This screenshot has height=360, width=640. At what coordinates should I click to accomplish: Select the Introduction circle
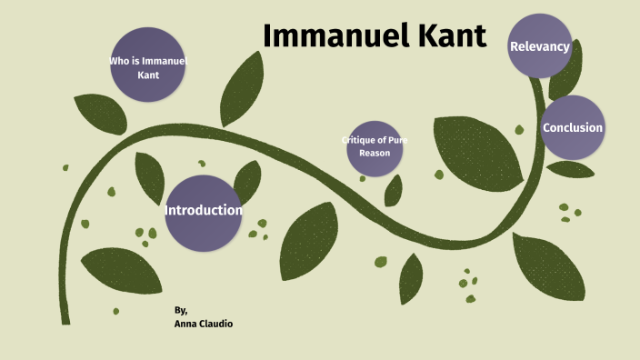point(204,212)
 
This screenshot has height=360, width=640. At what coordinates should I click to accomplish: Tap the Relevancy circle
point(540,45)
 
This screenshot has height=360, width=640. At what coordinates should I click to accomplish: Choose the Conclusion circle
point(573,127)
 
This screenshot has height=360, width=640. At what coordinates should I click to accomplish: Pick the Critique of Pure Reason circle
point(375,147)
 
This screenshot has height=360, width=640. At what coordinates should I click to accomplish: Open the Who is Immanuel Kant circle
point(148,65)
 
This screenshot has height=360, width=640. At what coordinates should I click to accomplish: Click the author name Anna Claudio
point(204,324)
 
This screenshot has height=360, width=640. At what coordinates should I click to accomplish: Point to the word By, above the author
point(181,310)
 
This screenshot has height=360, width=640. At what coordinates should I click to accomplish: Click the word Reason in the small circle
point(375,154)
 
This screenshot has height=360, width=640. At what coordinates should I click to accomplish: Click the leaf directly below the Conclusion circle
point(571,170)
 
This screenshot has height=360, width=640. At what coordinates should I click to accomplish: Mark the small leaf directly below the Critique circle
point(394,190)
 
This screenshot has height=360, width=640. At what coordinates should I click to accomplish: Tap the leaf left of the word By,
point(120,271)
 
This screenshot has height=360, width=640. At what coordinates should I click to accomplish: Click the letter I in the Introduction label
point(168,211)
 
